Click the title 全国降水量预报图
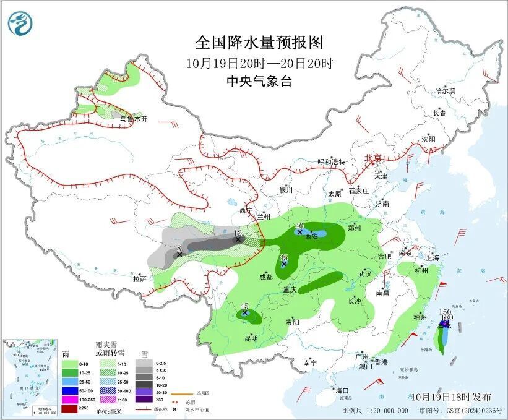[259, 43]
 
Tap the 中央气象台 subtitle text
[259, 81]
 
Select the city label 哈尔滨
[445, 91]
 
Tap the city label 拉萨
[139, 278]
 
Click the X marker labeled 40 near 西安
[299, 233]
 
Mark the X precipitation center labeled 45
[245, 313]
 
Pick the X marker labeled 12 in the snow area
[238, 239]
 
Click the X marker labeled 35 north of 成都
[284, 264]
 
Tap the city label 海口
[342, 390]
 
